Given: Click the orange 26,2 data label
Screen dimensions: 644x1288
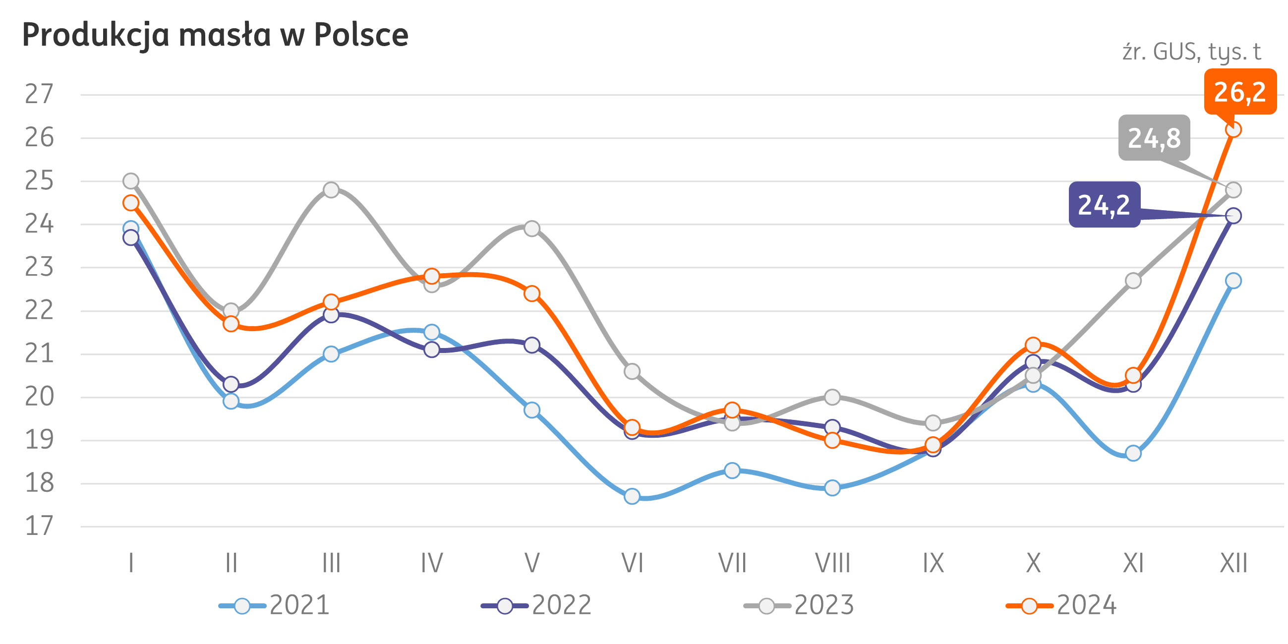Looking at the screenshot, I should [1239, 92].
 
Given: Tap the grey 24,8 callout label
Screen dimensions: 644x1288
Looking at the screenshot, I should [1154, 138].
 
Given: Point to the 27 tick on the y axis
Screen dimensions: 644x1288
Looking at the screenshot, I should [39, 95].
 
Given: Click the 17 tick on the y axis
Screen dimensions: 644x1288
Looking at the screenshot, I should [39, 527].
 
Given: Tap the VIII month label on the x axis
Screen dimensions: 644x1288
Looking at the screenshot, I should [832, 564].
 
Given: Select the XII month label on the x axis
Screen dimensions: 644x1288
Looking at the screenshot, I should [1233, 564].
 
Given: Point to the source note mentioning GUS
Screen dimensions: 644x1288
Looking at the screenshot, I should [1191, 52].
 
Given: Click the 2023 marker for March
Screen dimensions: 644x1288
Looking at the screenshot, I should [331, 190].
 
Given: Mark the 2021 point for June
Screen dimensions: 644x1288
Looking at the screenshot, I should [632, 496].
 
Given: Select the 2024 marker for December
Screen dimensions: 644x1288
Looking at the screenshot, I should [1233, 129].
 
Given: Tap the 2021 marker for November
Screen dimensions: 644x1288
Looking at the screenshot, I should [1133, 454].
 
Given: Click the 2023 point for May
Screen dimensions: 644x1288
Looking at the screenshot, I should [531, 229].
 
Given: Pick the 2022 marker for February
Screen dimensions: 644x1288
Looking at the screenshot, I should [231, 384].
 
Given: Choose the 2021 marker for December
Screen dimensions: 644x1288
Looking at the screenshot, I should [1233, 281].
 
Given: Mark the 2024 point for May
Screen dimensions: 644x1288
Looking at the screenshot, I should [531, 293].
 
